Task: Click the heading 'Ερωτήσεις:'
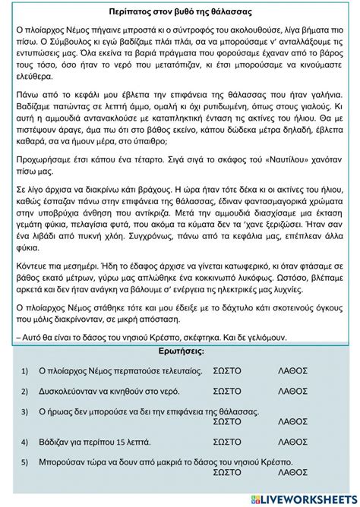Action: point(180,353)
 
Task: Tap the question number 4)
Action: point(24,441)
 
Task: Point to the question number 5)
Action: point(24,461)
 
